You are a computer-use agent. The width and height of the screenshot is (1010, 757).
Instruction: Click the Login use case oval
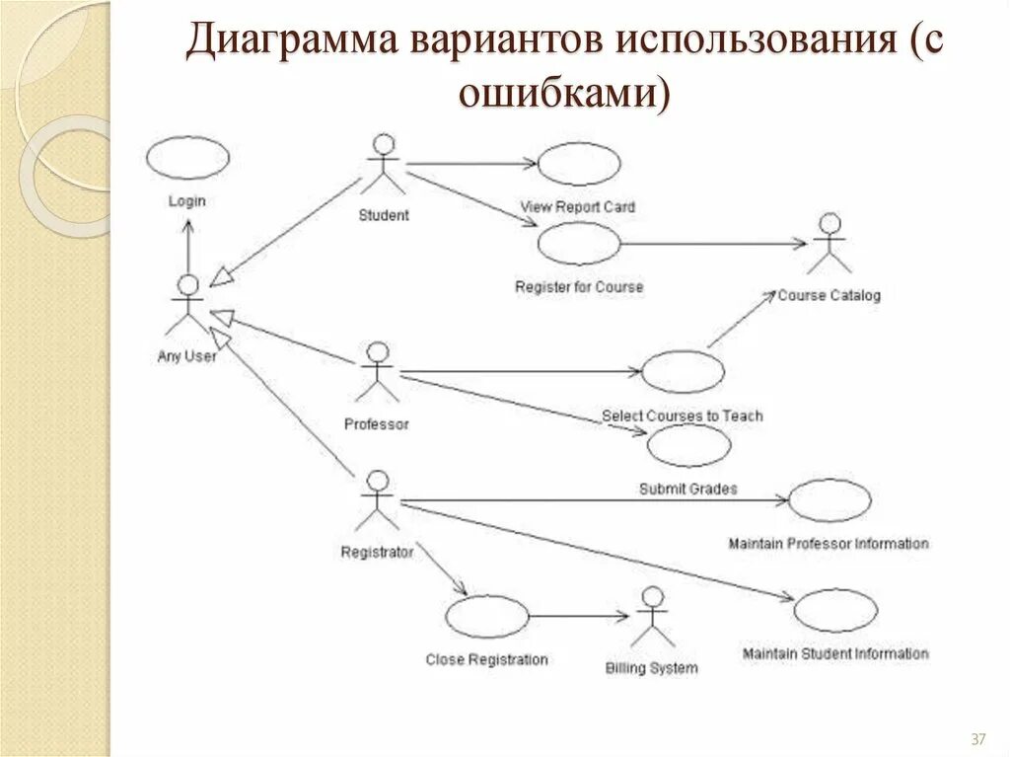(x=187, y=158)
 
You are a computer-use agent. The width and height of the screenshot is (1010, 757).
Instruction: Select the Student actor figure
(x=383, y=166)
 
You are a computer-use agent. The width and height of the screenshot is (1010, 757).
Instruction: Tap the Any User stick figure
(x=186, y=306)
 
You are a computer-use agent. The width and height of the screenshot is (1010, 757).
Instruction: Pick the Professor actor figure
(x=377, y=373)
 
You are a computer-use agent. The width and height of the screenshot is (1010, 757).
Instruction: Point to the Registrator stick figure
(x=376, y=501)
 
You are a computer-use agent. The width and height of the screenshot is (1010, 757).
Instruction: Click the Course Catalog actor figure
(x=830, y=244)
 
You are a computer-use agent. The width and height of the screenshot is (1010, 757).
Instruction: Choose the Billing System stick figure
(x=651, y=618)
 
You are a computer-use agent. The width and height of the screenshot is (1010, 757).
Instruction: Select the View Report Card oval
(x=579, y=164)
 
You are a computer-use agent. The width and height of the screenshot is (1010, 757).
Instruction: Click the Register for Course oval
(x=579, y=244)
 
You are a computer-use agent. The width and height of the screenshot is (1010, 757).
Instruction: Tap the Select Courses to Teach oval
(x=683, y=372)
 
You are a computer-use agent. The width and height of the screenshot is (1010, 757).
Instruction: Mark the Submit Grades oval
(x=688, y=446)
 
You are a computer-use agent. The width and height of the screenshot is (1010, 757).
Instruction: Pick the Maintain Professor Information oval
(x=830, y=500)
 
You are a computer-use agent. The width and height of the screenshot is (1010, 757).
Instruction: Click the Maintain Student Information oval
(x=835, y=611)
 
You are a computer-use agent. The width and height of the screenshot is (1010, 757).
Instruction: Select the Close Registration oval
(x=486, y=618)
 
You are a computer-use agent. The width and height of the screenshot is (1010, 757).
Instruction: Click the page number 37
(x=979, y=739)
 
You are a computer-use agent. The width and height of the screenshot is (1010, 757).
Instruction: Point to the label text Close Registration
(x=486, y=659)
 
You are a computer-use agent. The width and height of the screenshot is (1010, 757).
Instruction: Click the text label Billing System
(x=651, y=668)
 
